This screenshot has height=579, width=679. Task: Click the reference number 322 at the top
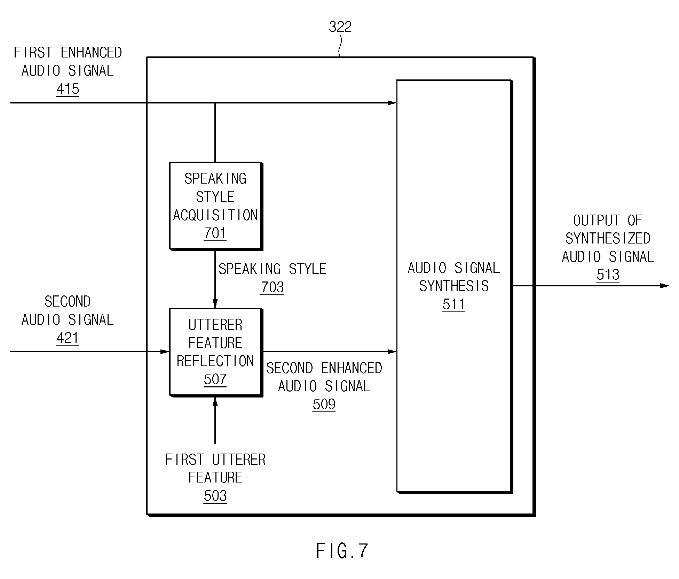[340, 27]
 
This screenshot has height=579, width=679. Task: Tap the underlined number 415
[68, 89]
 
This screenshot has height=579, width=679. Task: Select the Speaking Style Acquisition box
[216, 206]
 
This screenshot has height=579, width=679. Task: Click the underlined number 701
[215, 233]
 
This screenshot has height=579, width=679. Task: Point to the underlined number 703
[272, 287]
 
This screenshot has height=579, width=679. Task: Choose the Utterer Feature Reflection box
[216, 352]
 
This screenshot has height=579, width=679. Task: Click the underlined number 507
[215, 379]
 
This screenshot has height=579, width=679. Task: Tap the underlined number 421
[68, 338]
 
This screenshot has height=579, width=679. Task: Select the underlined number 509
[324, 404]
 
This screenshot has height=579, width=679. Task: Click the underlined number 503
[215, 496]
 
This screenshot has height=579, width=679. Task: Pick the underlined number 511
[453, 304]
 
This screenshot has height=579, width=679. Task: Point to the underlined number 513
[608, 275]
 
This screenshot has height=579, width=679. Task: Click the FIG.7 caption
[341, 551]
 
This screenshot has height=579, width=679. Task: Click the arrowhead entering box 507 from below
[215, 402]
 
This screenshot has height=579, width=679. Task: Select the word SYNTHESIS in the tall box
[454, 286]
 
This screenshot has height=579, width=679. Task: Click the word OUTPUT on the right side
[596, 220]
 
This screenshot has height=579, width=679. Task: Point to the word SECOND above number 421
[68, 301]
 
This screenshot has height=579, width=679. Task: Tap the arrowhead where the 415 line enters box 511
[392, 103]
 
